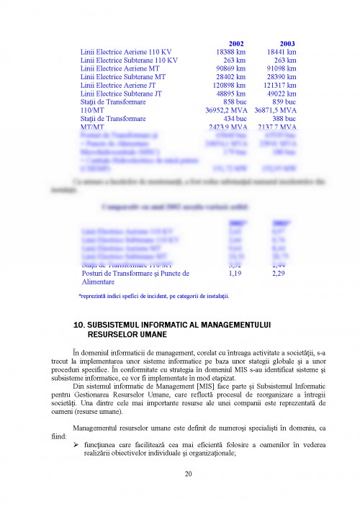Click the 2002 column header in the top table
click(x=225, y=43)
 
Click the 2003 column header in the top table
click(x=287, y=43)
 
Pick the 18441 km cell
click(x=282, y=52)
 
